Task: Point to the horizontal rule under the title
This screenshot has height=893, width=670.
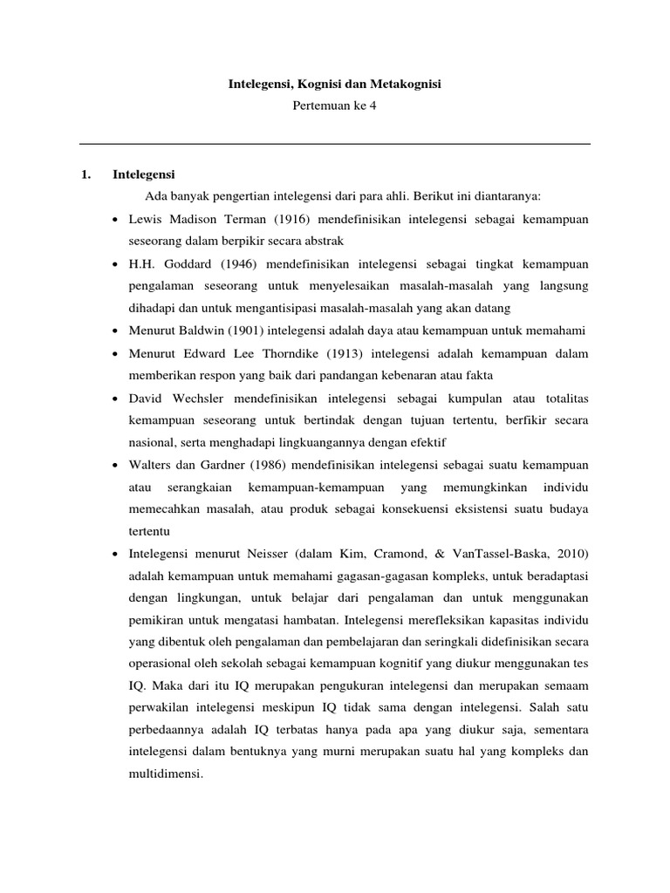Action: pyautogui.click(x=335, y=144)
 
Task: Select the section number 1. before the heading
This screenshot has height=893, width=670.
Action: pyautogui.click(x=85, y=174)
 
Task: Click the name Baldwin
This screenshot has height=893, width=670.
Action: pyautogui.click(x=207, y=331)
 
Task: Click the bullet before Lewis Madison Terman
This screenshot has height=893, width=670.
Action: pyautogui.click(x=117, y=220)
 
